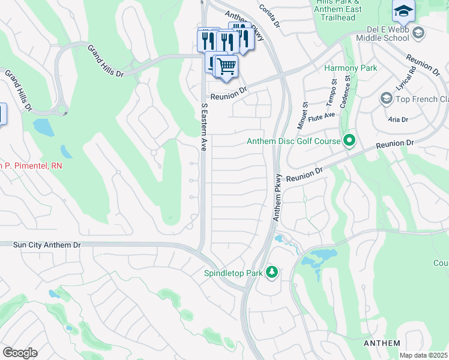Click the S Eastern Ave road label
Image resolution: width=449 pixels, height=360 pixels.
coord(204,127)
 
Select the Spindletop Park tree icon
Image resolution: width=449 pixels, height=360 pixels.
coord(273,272)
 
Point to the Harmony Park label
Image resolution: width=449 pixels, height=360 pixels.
coord(351,68)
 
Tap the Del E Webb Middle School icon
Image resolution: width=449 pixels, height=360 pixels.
coord(419,32)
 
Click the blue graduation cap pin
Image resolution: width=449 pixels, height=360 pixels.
coord(403,10)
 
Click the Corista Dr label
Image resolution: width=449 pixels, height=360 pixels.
coord(270,15)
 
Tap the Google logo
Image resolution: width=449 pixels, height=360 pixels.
coord(20,353)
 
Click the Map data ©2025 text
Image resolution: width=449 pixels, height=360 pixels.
coord(423,355)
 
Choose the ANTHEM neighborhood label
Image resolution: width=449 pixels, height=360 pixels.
coord(382,343)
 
